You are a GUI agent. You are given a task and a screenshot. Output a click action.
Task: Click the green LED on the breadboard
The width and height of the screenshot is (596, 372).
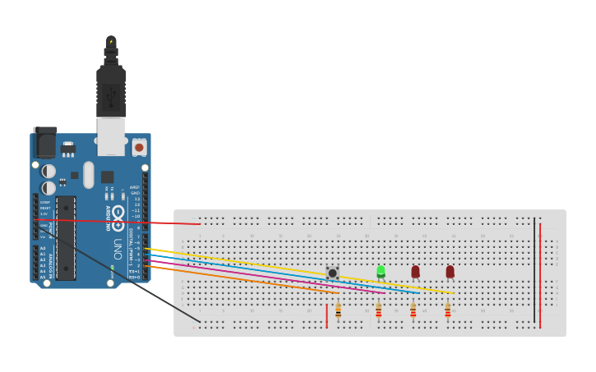point(381,271)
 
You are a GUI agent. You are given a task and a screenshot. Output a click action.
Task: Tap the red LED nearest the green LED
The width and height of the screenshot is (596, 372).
point(415,271)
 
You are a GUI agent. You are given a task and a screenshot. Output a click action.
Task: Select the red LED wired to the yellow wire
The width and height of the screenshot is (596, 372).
point(450,271)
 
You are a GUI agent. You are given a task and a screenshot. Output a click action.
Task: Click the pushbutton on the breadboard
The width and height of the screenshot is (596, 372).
point(332,272)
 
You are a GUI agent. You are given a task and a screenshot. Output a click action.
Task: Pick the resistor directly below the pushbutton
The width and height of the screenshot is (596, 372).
point(338,310)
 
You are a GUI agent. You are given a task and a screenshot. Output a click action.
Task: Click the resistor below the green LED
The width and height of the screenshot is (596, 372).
point(378,310)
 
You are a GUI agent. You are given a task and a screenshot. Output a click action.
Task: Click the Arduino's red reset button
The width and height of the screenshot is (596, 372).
point(139,147)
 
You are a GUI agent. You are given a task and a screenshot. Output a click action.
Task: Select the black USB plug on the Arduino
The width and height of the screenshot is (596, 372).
point(111,90)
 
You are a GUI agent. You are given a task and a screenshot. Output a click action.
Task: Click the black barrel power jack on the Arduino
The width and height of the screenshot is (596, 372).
point(44,145)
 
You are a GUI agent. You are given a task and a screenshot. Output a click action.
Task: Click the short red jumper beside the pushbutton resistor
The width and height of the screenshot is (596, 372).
point(327,315)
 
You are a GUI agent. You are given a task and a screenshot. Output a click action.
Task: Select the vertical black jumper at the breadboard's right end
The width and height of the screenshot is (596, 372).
point(534,271)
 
